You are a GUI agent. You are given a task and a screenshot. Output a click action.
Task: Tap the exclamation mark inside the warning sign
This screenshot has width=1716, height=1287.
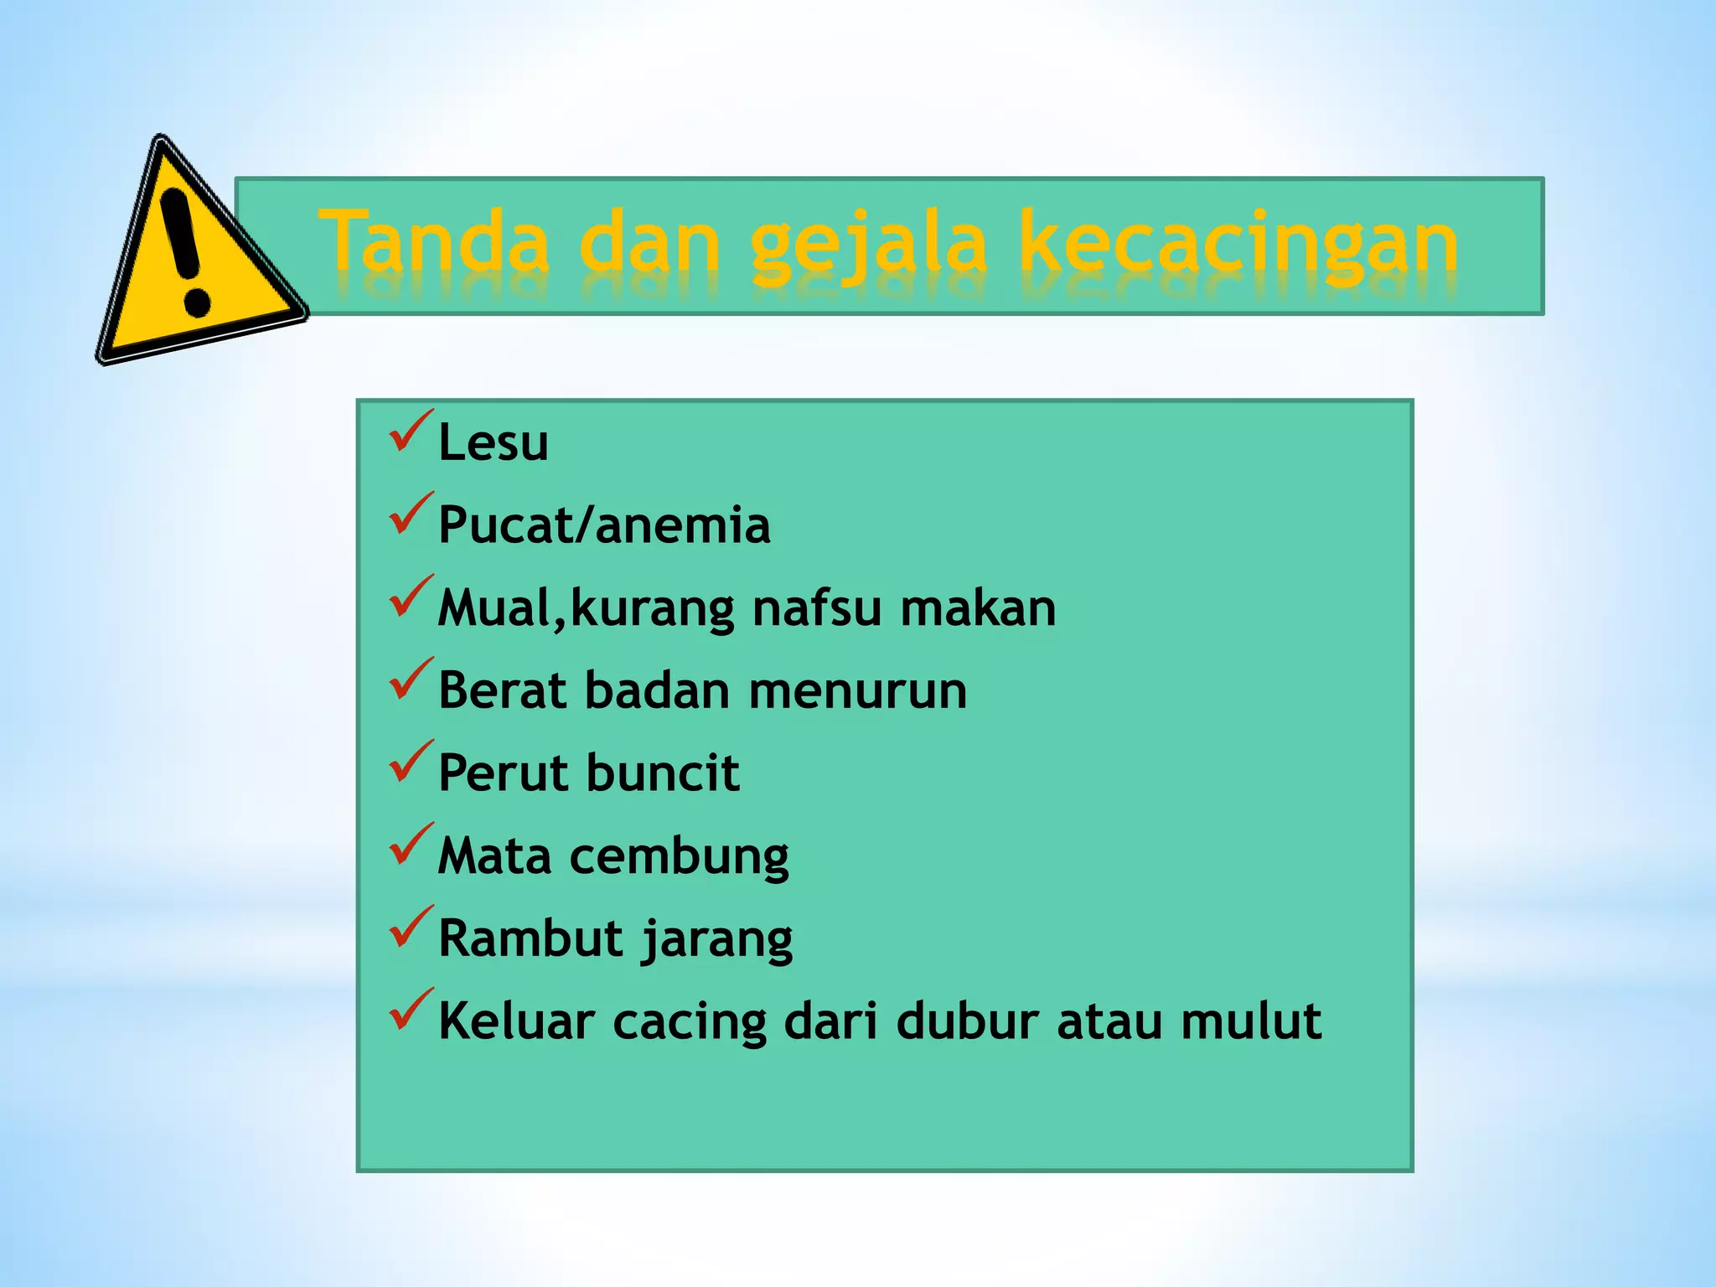coord(185,251)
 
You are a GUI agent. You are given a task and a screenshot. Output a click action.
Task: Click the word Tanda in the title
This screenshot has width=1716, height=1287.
coord(435,244)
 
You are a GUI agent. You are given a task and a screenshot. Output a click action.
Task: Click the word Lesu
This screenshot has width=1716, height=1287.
coord(493,442)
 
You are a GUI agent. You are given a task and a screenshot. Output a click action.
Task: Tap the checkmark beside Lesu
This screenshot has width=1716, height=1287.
coord(411,431)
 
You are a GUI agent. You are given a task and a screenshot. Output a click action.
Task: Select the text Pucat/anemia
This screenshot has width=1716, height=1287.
coord(603,526)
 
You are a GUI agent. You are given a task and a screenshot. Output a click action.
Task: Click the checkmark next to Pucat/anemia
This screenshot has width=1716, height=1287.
coord(411,514)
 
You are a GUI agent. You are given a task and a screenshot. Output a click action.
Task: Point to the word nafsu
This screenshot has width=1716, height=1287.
coord(816,608)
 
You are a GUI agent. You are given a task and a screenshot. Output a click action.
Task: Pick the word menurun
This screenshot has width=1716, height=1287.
coord(857,691)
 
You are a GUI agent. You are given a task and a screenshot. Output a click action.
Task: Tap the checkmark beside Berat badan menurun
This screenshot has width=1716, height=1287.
coord(411,679)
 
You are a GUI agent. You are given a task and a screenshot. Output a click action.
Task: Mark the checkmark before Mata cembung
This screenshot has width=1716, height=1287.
coord(411,845)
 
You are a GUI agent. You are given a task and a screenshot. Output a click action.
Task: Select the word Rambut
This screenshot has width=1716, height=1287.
coord(530,938)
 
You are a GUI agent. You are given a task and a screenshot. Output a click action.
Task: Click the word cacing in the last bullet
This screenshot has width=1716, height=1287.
coord(689,1022)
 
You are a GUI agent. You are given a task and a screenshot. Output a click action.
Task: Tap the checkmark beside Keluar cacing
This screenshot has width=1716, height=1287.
coord(411,1010)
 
